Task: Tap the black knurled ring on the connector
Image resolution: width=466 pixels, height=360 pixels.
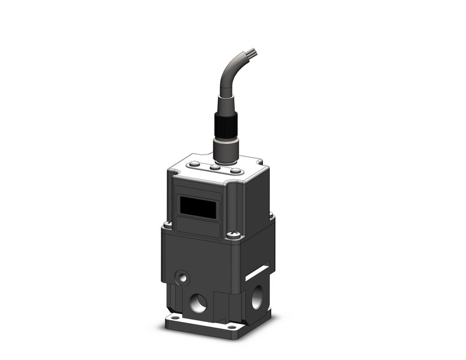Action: coord(225,125)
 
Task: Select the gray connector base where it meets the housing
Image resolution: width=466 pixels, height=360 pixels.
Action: coord(226,150)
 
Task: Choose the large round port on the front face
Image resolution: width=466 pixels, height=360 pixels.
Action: coord(198,302)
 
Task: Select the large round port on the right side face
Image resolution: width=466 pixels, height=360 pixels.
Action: coord(256,297)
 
